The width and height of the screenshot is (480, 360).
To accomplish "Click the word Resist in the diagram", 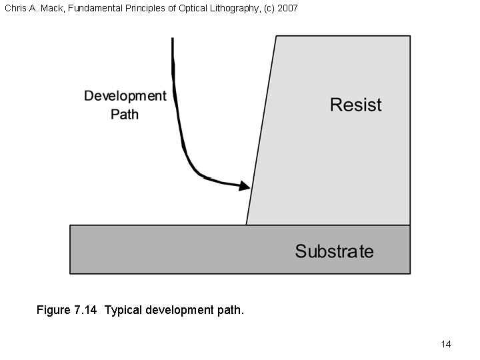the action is pyautogui.click(x=356, y=105).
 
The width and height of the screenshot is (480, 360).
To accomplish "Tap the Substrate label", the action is pyautogui.click(x=334, y=251).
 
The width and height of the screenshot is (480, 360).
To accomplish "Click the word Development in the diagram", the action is pyautogui.click(x=125, y=96).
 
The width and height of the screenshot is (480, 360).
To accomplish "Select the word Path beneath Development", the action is pyautogui.click(x=125, y=114).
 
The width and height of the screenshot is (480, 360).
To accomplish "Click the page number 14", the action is pyautogui.click(x=446, y=344).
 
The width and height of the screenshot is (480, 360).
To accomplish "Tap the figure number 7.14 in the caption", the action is pyautogui.click(x=85, y=310).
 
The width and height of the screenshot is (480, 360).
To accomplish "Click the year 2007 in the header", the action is pyautogui.click(x=288, y=8).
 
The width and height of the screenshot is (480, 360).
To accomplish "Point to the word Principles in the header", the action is pyautogui.click(x=145, y=8).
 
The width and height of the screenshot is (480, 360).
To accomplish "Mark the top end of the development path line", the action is pyautogui.click(x=173, y=40).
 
